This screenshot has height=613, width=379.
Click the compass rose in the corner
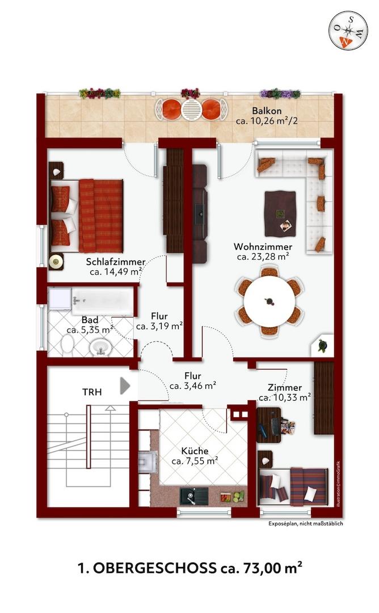348,31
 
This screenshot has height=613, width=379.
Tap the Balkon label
267,111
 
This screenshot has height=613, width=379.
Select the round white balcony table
191,110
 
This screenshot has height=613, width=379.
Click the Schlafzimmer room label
116,262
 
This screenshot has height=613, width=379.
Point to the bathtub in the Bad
102,301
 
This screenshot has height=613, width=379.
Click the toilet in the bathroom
67,345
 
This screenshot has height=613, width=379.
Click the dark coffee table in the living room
280,213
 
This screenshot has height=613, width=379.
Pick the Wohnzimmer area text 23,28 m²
263,257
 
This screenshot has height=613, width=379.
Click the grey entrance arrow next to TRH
125,385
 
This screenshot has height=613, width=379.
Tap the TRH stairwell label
92,392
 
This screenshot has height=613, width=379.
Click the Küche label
195,451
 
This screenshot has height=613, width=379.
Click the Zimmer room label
284,388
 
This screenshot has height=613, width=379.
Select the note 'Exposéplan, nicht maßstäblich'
306,523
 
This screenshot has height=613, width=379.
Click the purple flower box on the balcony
280,94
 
